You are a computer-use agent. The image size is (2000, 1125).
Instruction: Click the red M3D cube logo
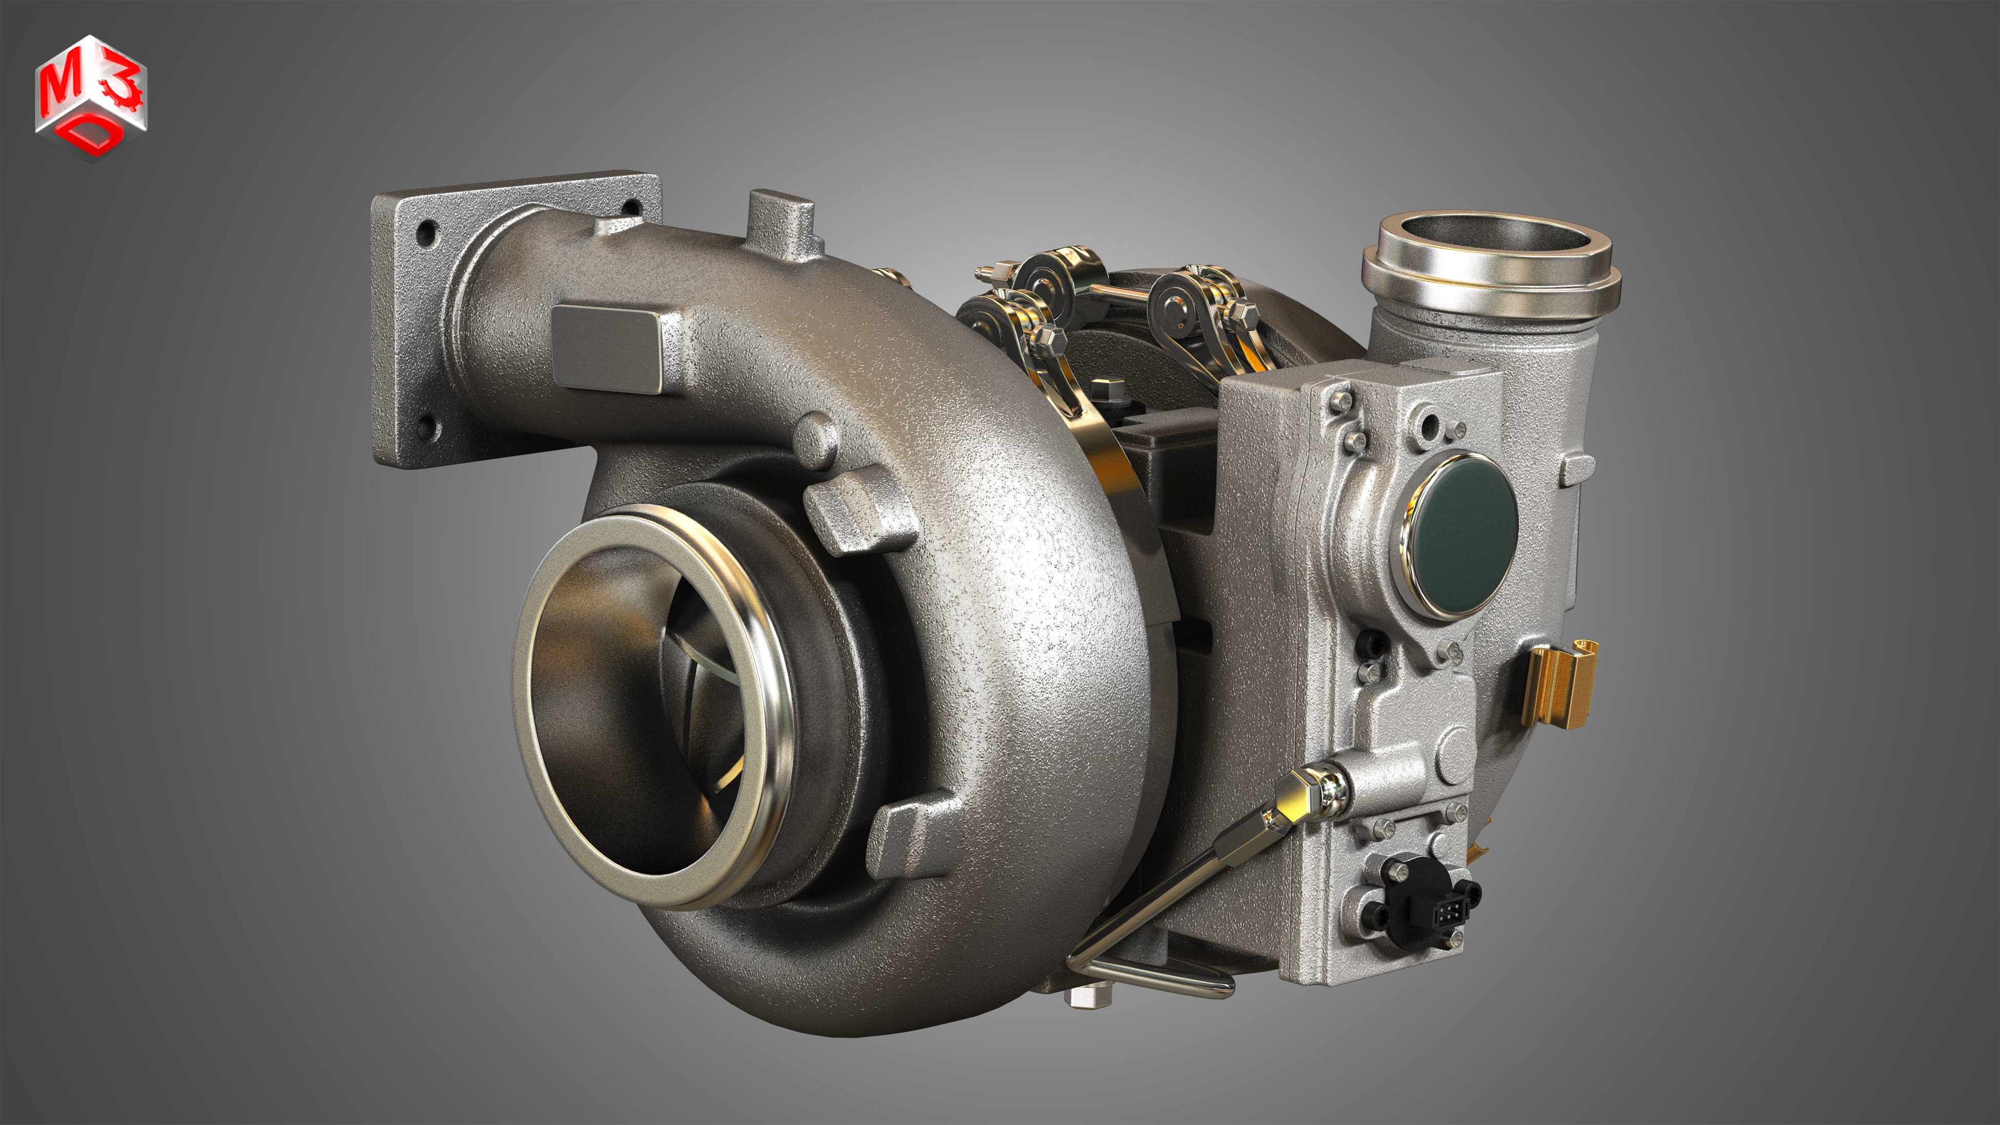pyautogui.click(x=91, y=96)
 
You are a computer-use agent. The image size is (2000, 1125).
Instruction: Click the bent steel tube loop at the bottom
pyautogui.click(x=1165, y=982)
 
